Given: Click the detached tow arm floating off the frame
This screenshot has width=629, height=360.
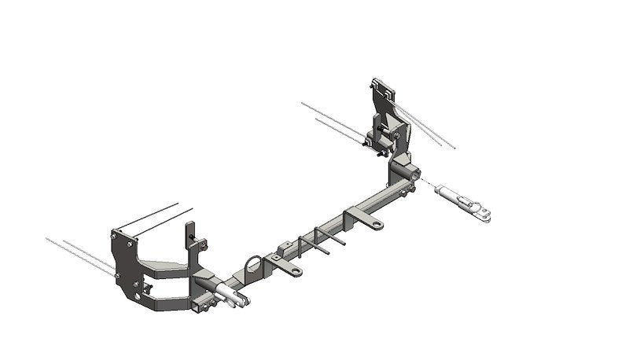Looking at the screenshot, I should (x=464, y=201).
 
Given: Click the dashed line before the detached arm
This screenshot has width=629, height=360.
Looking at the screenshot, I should (x=427, y=183).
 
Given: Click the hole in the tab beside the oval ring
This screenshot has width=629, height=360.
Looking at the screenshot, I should (x=296, y=271).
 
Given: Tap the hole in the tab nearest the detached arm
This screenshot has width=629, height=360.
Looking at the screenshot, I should (x=377, y=225).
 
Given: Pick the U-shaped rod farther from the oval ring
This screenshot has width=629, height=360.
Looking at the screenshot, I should (x=329, y=238).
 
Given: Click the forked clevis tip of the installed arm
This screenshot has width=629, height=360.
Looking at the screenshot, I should (x=243, y=299).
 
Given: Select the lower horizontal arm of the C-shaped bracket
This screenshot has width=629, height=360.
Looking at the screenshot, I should (x=169, y=301).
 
